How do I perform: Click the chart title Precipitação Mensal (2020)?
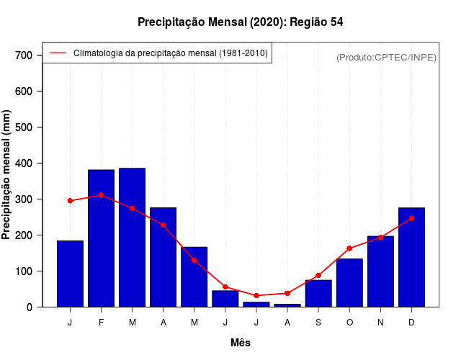pos(240,22)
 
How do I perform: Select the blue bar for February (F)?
pos(101,238)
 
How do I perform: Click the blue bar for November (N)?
pos(380,271)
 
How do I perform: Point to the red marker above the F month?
pos(101,195)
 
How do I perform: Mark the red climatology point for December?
pos(411,218)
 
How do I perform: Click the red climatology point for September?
pos(318,275)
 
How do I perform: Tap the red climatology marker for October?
pos(349,248)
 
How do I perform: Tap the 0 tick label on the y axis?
pos(29,307)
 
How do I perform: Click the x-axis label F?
pos(101,323)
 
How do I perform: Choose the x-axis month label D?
pos(411,323)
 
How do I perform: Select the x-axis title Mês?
pos(240,343)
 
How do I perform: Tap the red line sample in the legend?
pos(58,53)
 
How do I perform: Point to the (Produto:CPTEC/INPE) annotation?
pos(386,57)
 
